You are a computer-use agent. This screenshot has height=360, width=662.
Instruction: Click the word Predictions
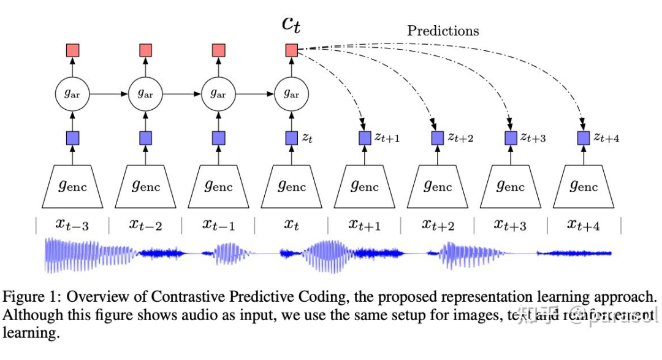444,30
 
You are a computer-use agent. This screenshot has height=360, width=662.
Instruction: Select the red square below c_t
292,50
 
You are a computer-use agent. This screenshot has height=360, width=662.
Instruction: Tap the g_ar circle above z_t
292,94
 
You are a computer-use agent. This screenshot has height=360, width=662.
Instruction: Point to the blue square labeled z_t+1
365,137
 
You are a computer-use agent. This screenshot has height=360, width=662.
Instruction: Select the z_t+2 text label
459,138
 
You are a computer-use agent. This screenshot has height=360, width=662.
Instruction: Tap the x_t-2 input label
146,225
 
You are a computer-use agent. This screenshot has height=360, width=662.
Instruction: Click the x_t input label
292,225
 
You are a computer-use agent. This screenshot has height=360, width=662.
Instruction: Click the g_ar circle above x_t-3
72,94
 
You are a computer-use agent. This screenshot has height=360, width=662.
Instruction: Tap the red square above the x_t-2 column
146,50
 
